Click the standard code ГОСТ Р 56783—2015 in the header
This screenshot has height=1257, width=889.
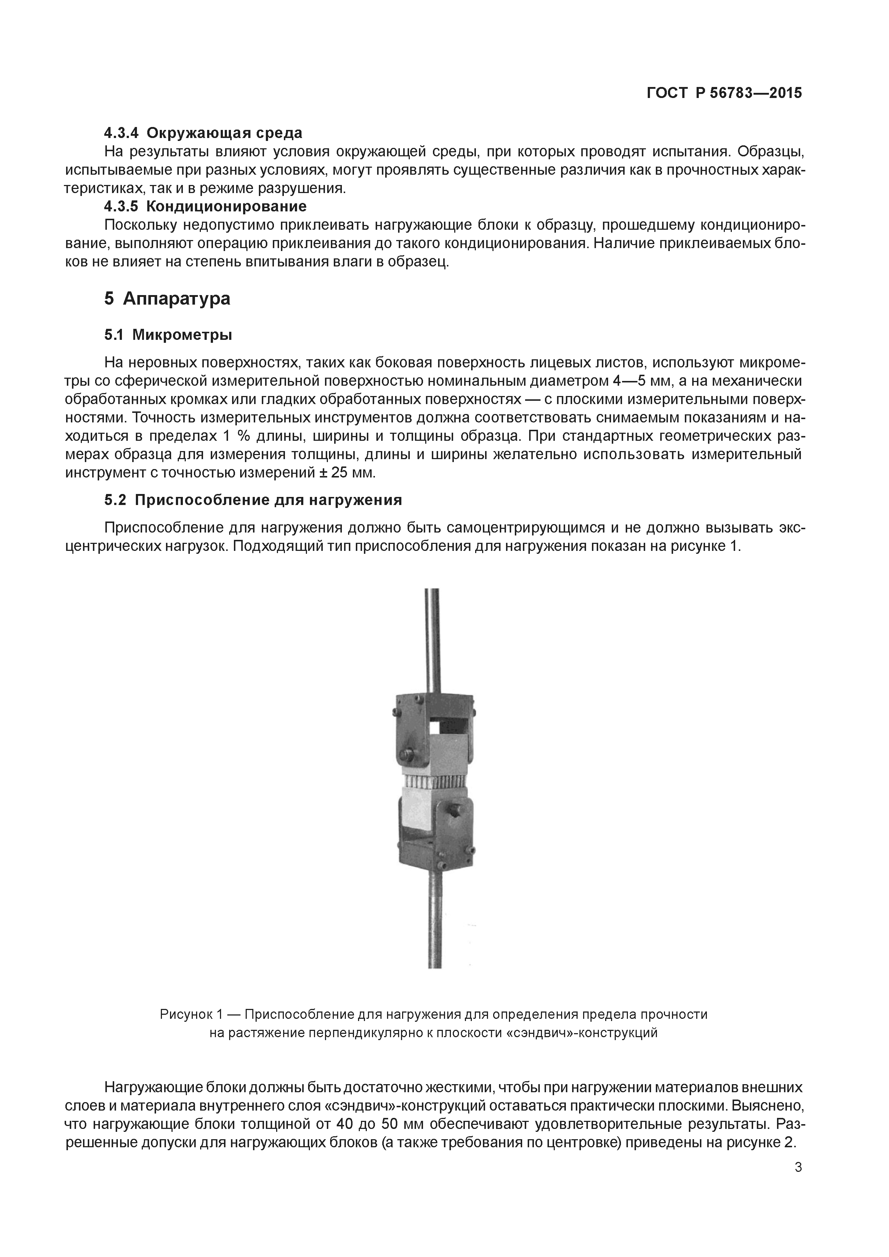[724, 93]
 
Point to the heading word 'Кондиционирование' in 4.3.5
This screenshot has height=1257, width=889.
[226, 206]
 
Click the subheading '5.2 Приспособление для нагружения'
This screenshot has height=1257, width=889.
[253, 500]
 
